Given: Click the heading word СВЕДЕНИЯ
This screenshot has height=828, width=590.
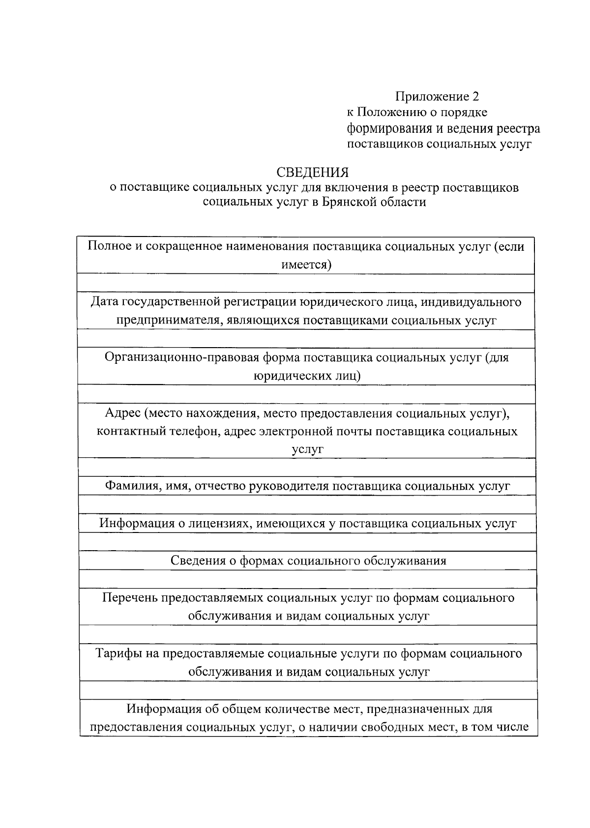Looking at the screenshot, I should [312, 173].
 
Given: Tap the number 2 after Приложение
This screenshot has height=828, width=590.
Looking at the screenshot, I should [475, 96].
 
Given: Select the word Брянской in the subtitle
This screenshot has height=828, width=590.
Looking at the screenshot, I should [350, 202].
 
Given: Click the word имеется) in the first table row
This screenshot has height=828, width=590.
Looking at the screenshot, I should [306, 265].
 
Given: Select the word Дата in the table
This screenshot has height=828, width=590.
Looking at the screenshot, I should [105, 301].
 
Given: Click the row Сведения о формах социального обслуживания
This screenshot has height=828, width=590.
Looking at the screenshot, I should [308, 561].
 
